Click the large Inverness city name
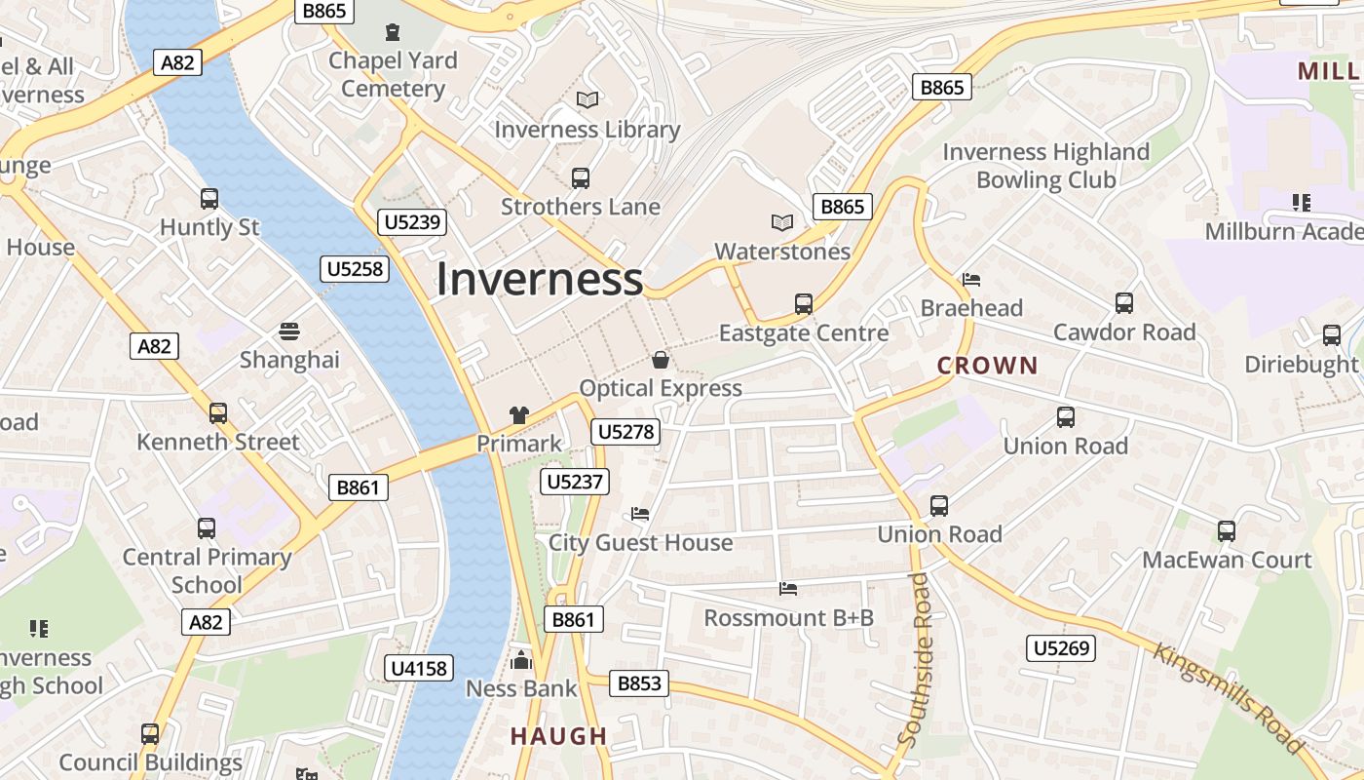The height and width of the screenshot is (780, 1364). pyautogui.click(x=539, y=279)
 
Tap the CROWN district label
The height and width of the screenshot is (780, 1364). pyautogui.click(x=987, y=366)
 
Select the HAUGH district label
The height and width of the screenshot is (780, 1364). pyautogui.click(x=558, y=736)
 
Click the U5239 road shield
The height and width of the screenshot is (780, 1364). pyautogui.click(x=413, y=222)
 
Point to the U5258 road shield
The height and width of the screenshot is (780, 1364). pyautogui.click(x=354, y=268)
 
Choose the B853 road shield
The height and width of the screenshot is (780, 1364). pyautogui.click(x=639, y=683)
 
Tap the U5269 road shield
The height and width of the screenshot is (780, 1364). pyautogui.click(x=1061, y=648)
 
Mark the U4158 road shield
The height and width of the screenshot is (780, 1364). pyautogui.click(x=420, y=668)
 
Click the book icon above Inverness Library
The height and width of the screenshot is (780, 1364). pyautogui.click(x=587, y=99)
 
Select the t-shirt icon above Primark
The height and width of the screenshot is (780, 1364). pyautogui.click(x=518, y=415)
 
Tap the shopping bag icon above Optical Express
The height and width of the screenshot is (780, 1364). pyautogui.click(x=661, y=360)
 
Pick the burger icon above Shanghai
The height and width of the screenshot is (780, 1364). pyautogui.click(x=289, y=331)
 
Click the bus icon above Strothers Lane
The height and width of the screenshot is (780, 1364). pyautogui.click(x=581, y=178)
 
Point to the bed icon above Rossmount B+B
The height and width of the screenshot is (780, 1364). pyautogui.click(x=788, y=589)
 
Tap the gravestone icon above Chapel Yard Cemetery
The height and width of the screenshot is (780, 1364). pyautogui.click(x=393, y=32)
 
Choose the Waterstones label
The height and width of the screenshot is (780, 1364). pyautogui.click(x=782, y=252)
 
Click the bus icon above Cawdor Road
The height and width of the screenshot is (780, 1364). pyautogui.click(x=1124, y=303)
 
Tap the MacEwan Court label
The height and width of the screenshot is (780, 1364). pyautogui.click(x=1227, y=560)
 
